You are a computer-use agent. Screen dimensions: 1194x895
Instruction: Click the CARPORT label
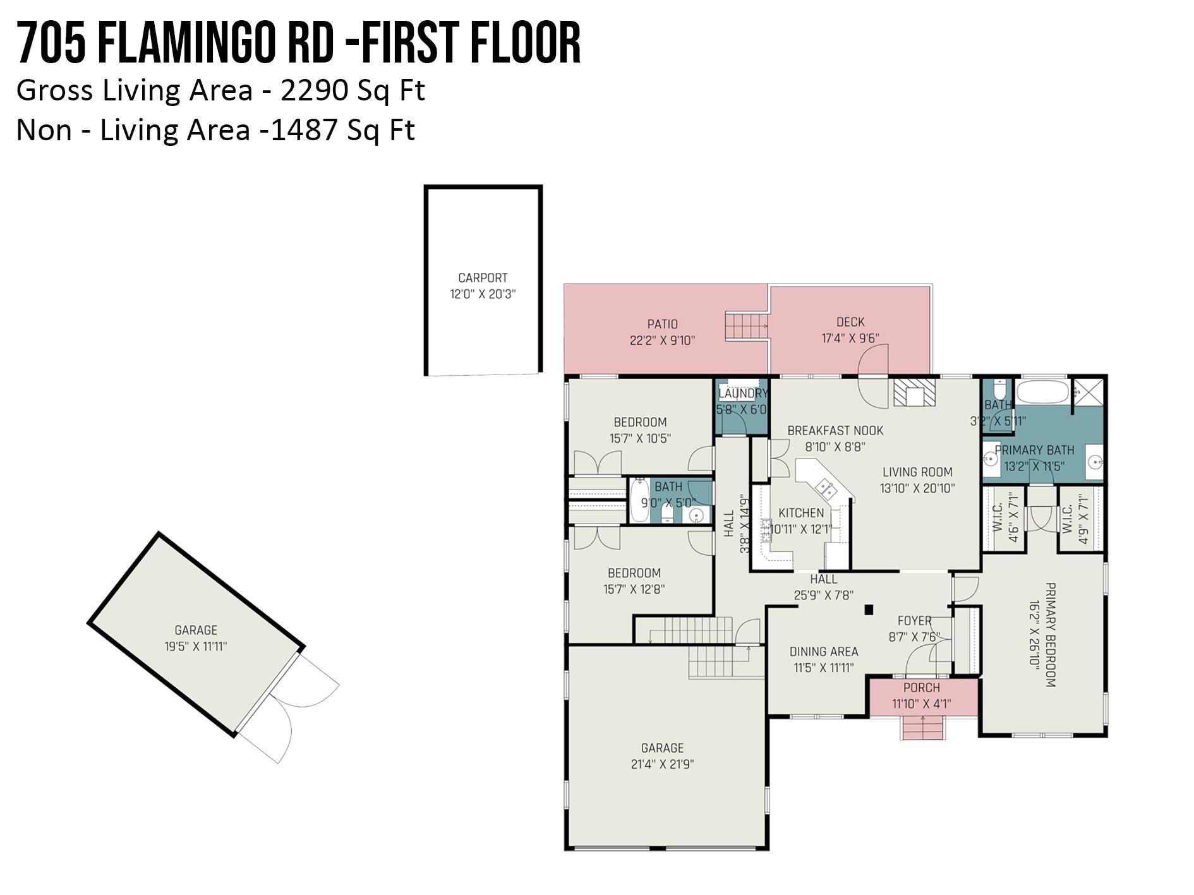click(483, 278)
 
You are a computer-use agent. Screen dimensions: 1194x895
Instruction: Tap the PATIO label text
click(663, 324)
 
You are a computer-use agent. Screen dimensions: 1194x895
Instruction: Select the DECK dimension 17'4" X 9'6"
click(850, 339)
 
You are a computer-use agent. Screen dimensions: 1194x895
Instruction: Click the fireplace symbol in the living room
click(914, 393)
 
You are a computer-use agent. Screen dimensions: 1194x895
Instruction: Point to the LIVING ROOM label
click(917, 472)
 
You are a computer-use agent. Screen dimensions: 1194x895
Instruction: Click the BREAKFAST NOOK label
click(835, 431)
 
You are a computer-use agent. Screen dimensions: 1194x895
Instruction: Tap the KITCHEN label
click(801, 513)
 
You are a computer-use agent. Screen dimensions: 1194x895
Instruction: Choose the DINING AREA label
click(824, 651)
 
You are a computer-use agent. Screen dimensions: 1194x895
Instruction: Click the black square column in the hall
click(869, 610)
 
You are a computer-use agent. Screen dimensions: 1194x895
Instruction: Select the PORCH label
click(922, 688)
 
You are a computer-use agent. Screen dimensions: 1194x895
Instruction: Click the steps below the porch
click(923, 728)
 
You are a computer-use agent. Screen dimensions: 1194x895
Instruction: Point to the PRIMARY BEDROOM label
click(1051, 635)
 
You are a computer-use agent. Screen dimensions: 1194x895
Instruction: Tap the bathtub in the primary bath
click(1042, 392)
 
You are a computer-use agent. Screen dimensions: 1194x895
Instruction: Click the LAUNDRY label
click(744, 393)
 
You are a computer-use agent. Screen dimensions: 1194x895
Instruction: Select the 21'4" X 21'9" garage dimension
click(662, 764)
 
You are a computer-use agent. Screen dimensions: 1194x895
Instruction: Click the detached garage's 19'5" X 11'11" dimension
click(195, 646)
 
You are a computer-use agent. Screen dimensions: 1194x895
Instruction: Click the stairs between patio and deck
click(746, 325)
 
